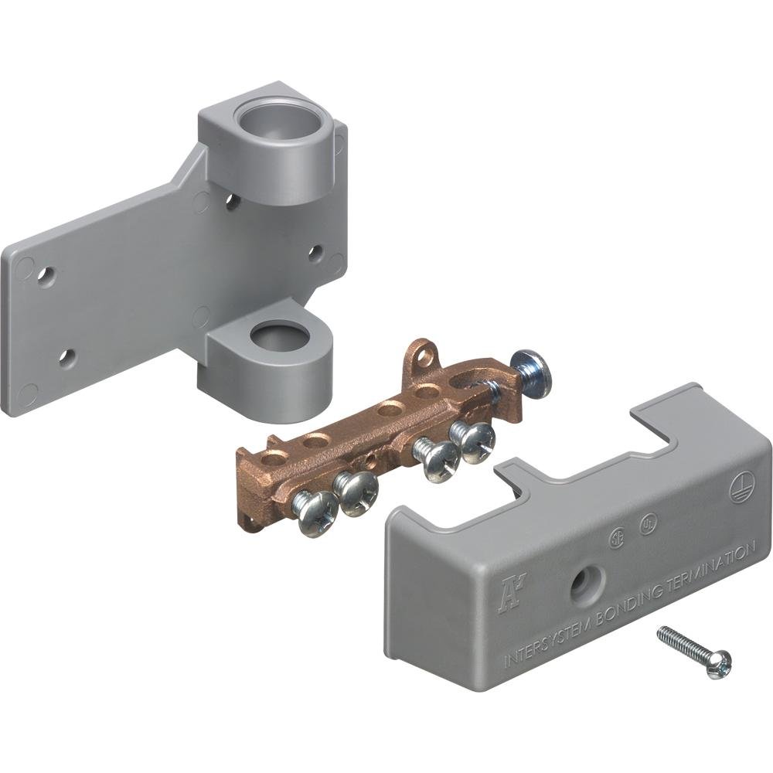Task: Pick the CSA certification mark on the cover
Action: point(616,536)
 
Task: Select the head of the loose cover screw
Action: point(718,662)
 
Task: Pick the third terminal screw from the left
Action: point(438,460)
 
